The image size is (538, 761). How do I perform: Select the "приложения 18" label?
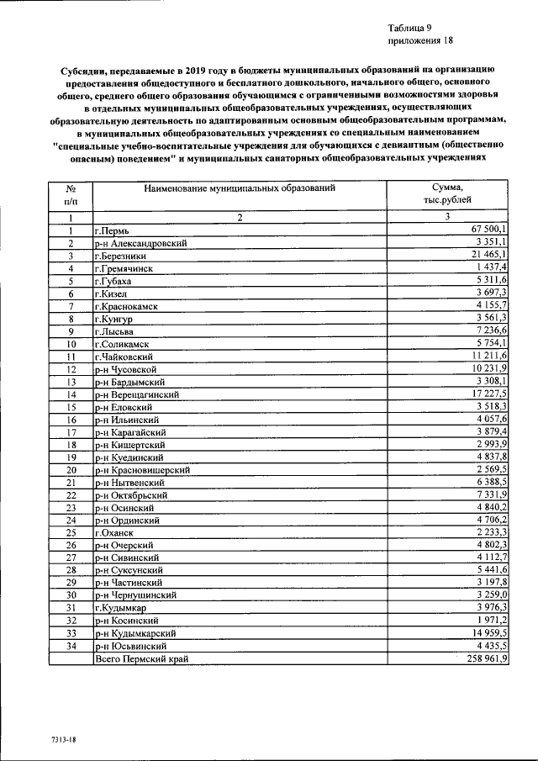[420, 40]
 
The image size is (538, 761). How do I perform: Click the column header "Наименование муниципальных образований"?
[239, 188]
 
